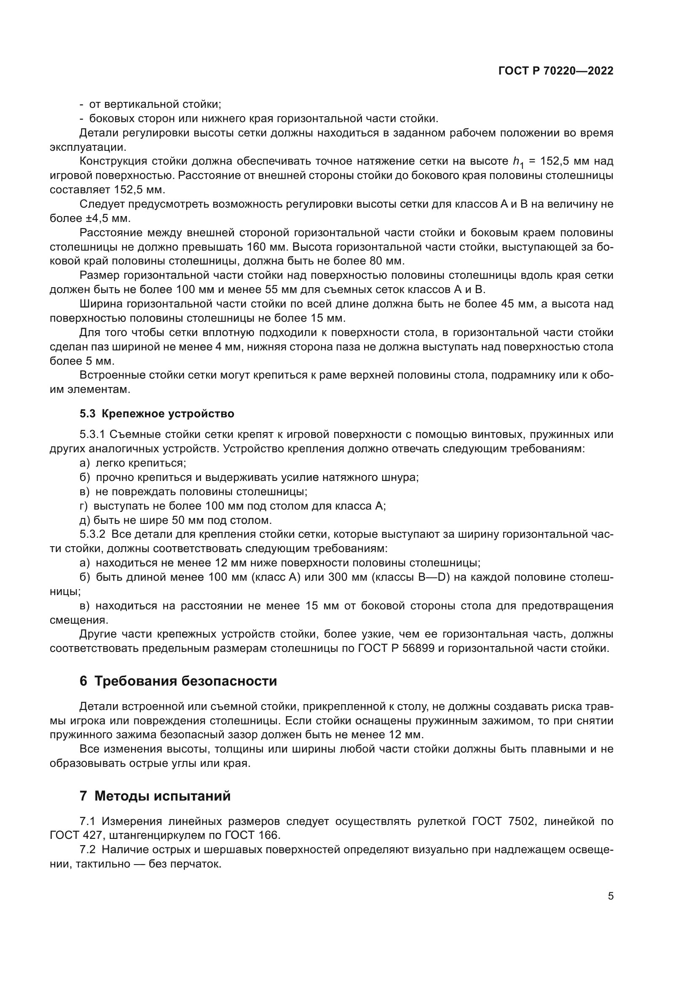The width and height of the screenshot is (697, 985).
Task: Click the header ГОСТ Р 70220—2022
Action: coord(556,71)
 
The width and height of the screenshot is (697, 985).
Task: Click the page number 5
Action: coord(610,896)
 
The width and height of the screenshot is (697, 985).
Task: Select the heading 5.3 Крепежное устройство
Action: coord(157,414)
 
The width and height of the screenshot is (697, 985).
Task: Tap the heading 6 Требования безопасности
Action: coord(178,681)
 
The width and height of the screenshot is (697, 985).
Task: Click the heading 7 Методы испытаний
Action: coord(155,796)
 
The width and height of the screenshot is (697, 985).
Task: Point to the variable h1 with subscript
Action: coord(518,162)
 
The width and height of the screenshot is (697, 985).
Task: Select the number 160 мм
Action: coord(262,247)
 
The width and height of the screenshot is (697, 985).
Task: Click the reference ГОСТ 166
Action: coord(252,835)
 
